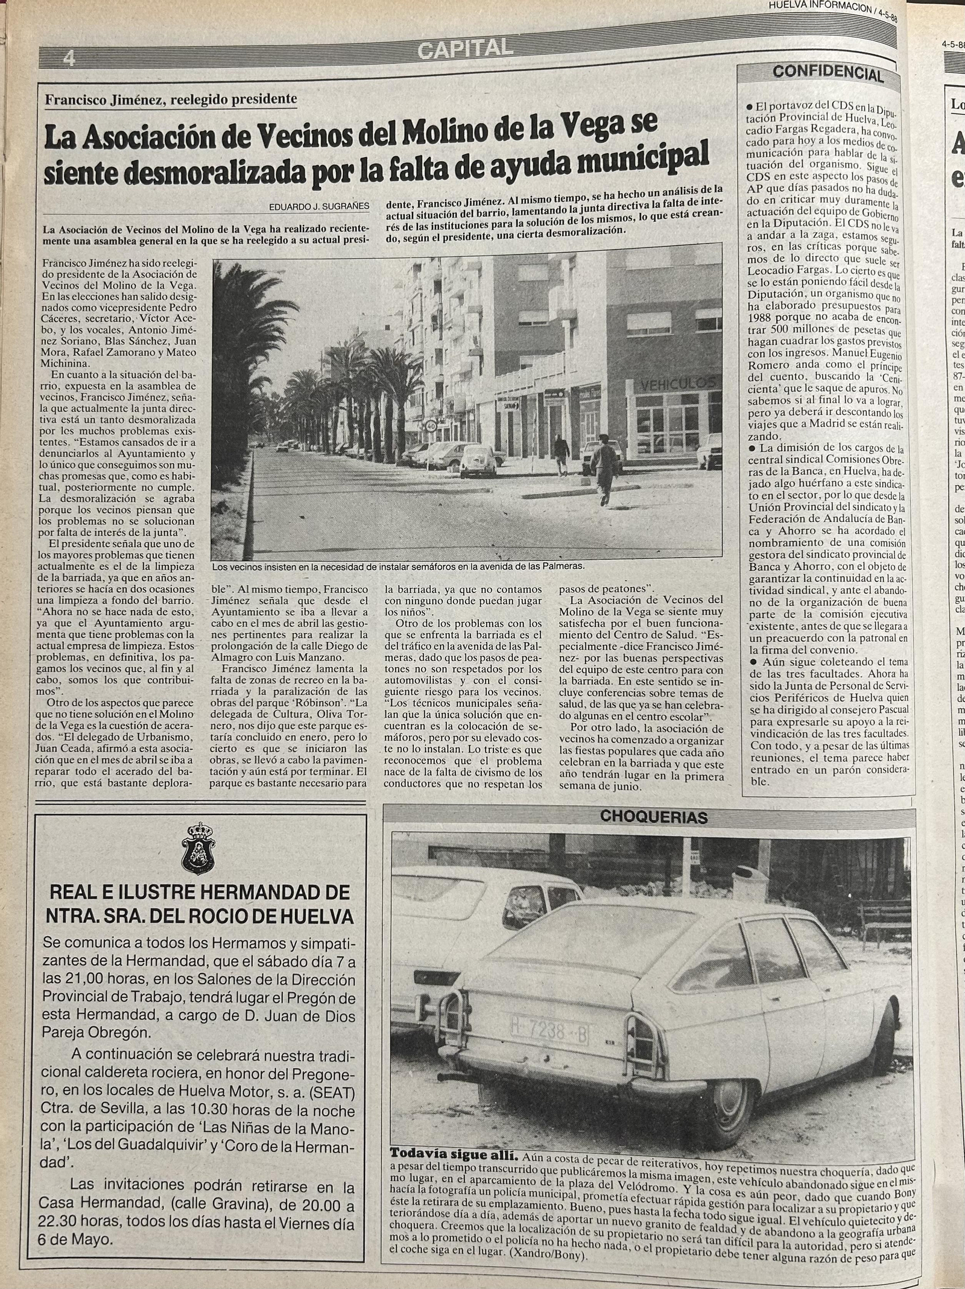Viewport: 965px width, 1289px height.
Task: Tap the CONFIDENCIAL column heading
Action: point(827,74)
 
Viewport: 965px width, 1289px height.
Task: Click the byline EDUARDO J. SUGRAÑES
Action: point(320,206)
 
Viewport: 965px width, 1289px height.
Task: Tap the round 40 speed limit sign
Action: point(431,425)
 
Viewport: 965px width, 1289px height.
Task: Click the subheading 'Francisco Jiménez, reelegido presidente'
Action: point(171,99)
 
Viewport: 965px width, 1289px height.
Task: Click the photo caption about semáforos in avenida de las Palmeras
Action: point(398,566)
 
